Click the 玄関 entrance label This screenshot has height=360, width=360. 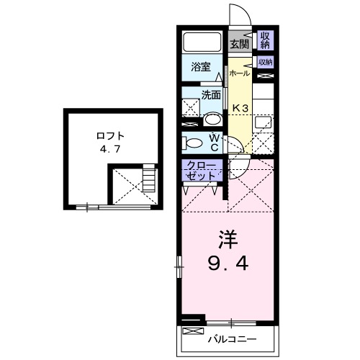tap(239, 43)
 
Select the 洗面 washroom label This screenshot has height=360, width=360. tap(211, 94)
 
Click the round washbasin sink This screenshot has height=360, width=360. tap(212, 119)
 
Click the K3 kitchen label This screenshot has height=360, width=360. tap(240, 109)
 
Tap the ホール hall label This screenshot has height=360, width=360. tap(240, 73)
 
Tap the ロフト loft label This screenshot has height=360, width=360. tap(112, 135)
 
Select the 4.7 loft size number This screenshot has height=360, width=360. tap(111, 151)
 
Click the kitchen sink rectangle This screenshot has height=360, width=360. tap(264, 123)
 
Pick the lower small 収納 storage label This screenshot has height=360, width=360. tap(265, 62)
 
